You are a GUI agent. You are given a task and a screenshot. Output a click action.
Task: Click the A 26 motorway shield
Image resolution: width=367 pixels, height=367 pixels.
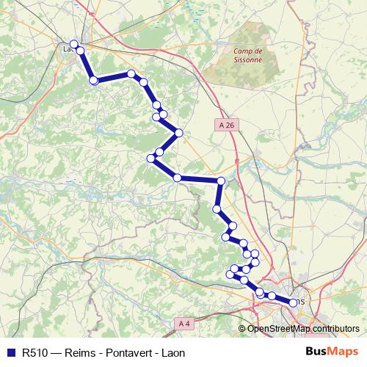click(x=227, y=125)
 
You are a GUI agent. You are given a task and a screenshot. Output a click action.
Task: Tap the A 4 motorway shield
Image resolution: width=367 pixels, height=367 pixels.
click(x=184, y=323)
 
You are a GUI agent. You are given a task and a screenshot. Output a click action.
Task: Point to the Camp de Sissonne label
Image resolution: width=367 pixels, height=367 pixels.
click(x=247, y=56)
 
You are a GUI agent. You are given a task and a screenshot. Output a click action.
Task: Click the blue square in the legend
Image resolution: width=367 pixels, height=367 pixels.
click(x=10, y=352)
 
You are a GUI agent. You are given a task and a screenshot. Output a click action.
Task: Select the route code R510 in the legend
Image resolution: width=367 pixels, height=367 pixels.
click(x=36, y=352)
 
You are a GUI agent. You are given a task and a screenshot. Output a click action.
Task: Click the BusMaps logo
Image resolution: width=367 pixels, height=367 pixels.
click(x=332, y=352)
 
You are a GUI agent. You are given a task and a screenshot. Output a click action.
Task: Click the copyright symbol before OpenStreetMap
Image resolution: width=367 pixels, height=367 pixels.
click(x=243, y=328)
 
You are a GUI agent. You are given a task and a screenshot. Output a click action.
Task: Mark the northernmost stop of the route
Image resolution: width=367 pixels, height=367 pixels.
click(x=73, y=44)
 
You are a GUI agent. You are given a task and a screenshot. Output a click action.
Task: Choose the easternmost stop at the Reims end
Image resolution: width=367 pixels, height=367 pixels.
click(x=294, y=302)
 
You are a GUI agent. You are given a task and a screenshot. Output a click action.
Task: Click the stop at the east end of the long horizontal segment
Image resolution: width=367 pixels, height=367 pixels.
click(x=220, y=181)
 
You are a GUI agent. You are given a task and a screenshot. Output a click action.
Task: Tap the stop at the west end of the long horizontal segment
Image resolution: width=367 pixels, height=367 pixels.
click(x=177, y=178)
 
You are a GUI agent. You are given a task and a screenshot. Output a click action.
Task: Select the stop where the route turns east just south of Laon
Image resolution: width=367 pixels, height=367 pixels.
click(x=94, y=80)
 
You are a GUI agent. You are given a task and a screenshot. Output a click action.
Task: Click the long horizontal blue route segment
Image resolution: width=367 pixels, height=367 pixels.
click(x=198, y=179)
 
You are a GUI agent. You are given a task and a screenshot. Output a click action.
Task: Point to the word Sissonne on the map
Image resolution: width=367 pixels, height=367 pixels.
click(x=247, y=61)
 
